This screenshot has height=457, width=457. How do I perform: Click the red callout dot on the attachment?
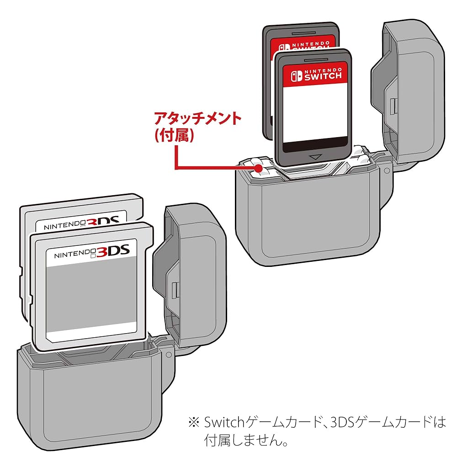click(x=260, y=169)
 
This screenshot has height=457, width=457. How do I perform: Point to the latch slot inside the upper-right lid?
click(x=392, y=106)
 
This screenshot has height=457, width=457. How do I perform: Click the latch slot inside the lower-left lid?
click(x=174, y=289)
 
